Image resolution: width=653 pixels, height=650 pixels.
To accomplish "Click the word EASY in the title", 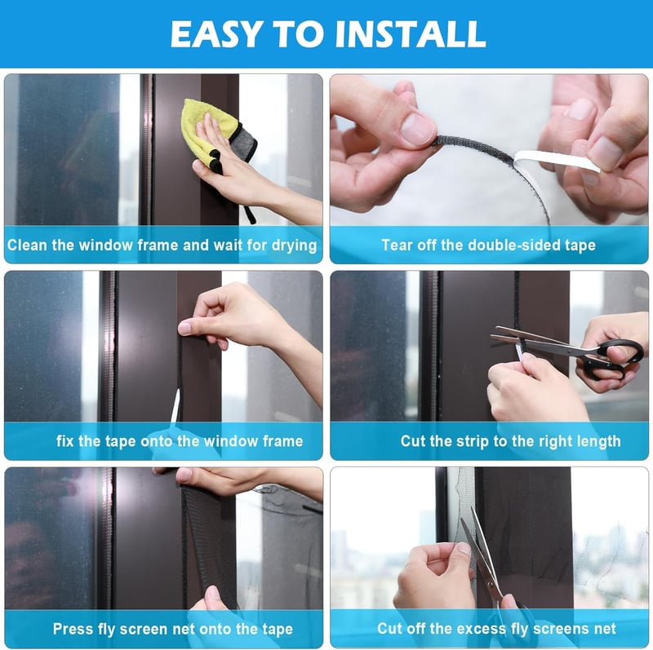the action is point(217,33).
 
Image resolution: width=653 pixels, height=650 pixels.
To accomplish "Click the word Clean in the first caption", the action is point(27,245).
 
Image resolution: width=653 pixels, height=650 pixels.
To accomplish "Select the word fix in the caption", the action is point(65,441).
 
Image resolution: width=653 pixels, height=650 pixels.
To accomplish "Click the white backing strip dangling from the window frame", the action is point(175,407).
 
